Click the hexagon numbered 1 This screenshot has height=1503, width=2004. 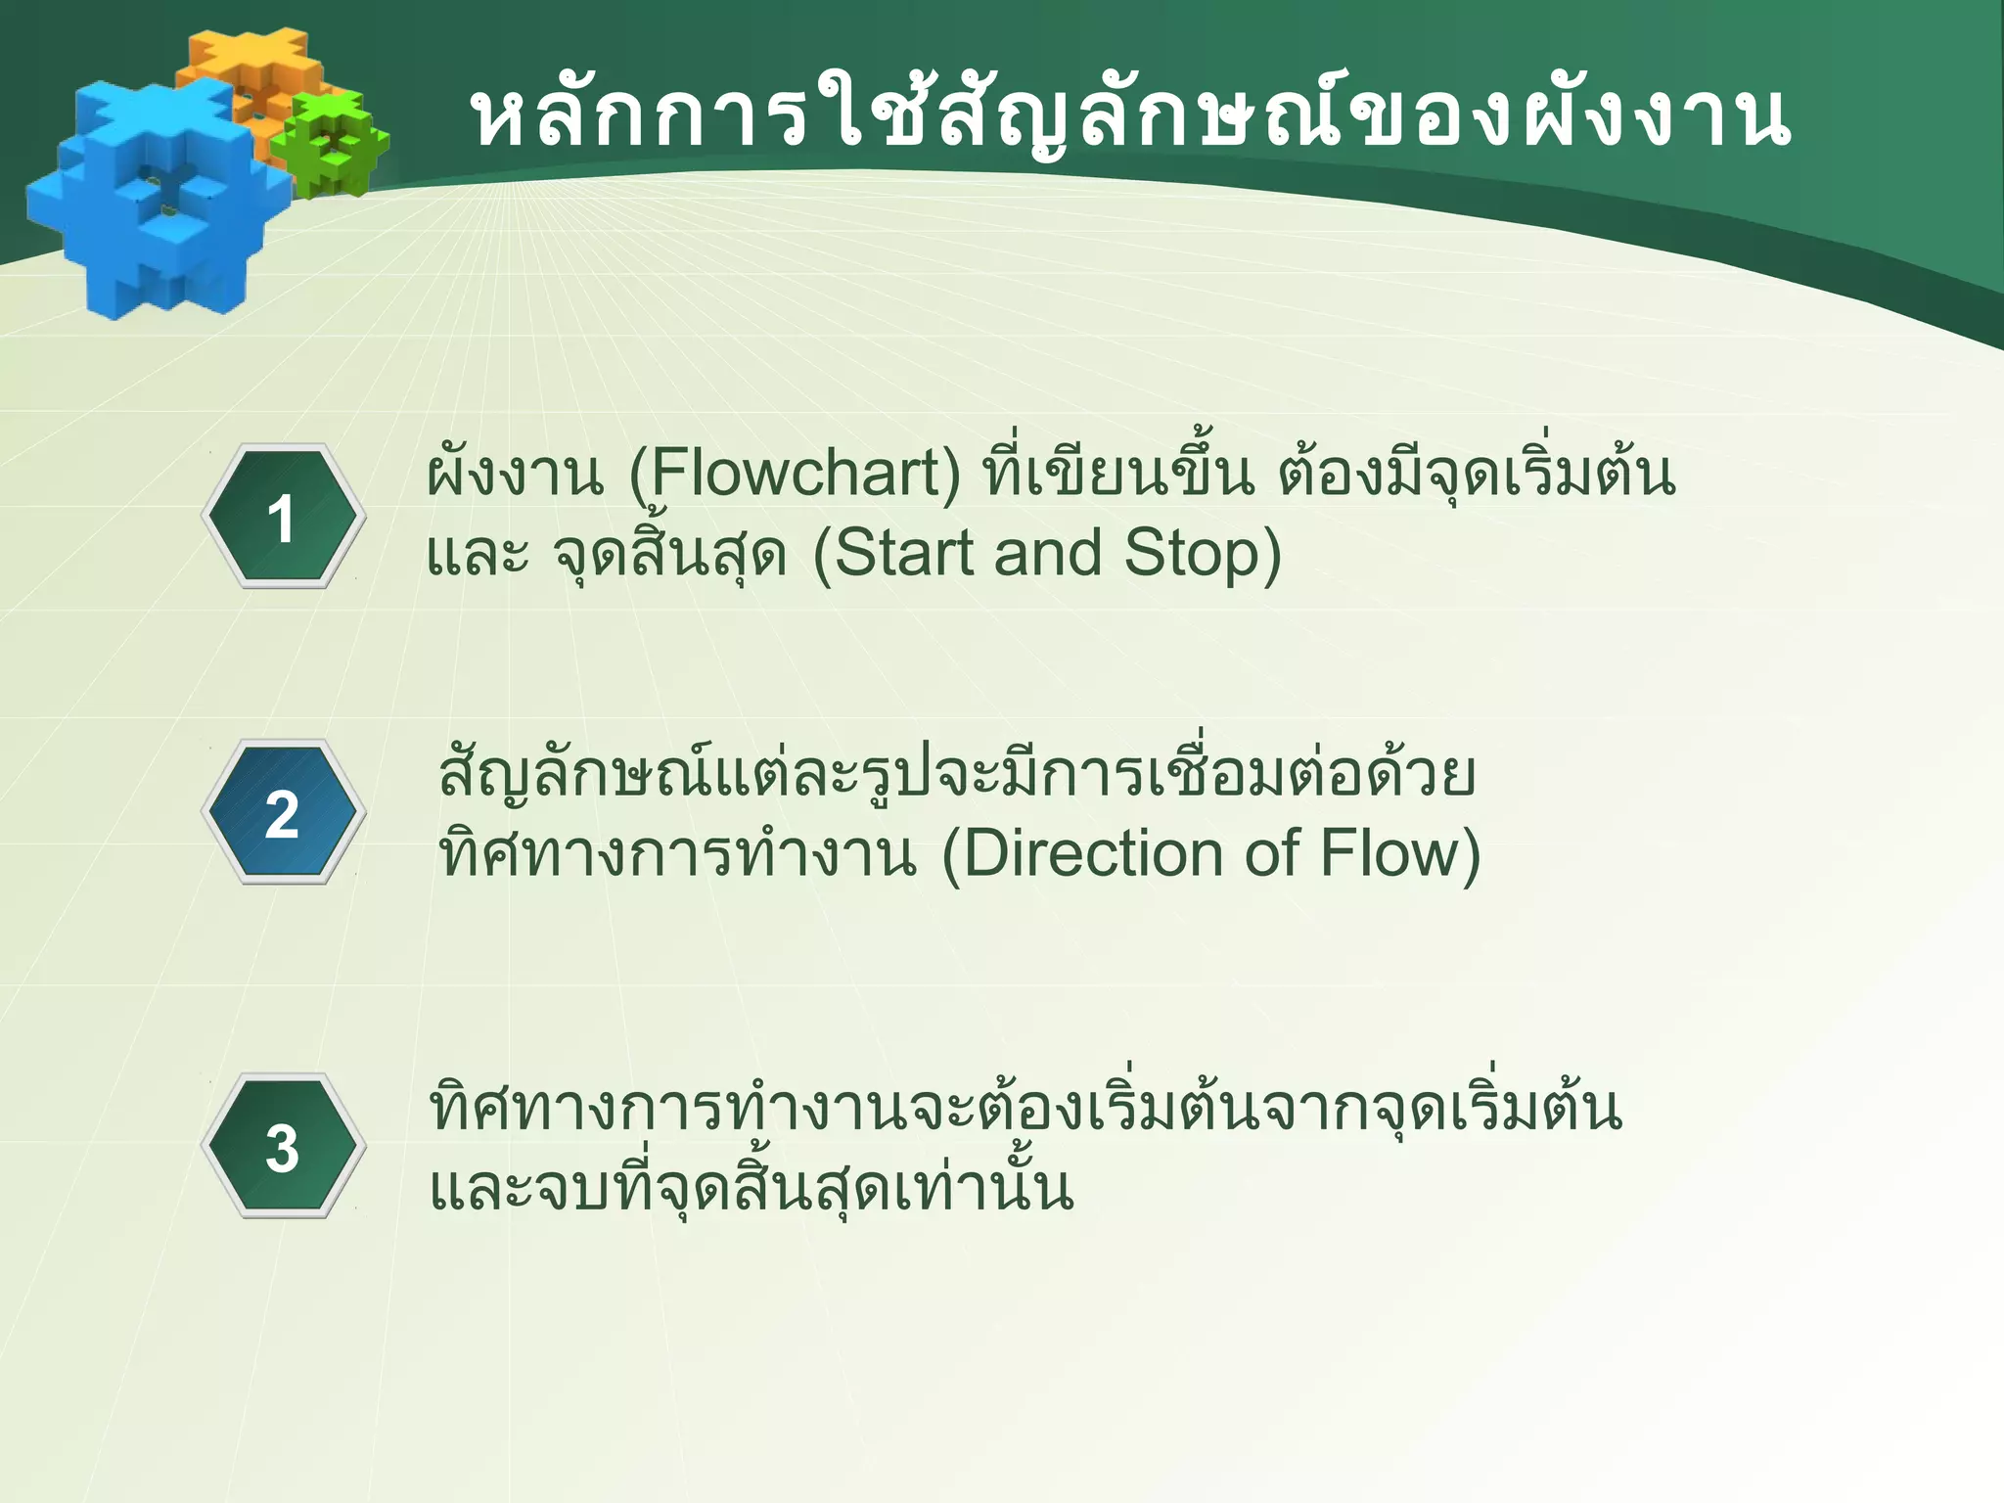283,517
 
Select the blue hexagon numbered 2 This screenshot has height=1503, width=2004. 283,813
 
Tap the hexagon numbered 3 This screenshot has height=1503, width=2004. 283,1147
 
